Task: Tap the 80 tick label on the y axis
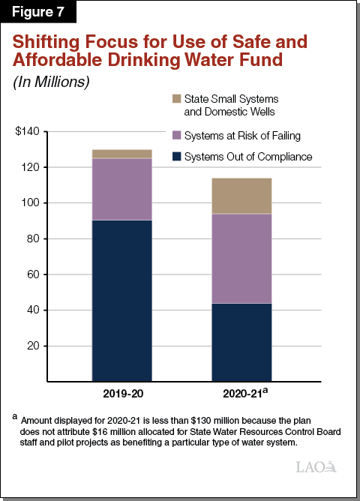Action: pyautogui.click(x=37, y=238)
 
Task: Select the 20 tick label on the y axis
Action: pyautogui.click(x=37, y=346)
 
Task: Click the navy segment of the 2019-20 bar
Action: pyautogui.click(x=121, y=300)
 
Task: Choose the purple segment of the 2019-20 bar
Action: pyautogui.click(x=121, y=189)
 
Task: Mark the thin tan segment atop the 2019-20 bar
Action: pyautogui.click(x=121, y=154)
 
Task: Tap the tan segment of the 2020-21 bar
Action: pyautogui.click(x=241, y=196)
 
